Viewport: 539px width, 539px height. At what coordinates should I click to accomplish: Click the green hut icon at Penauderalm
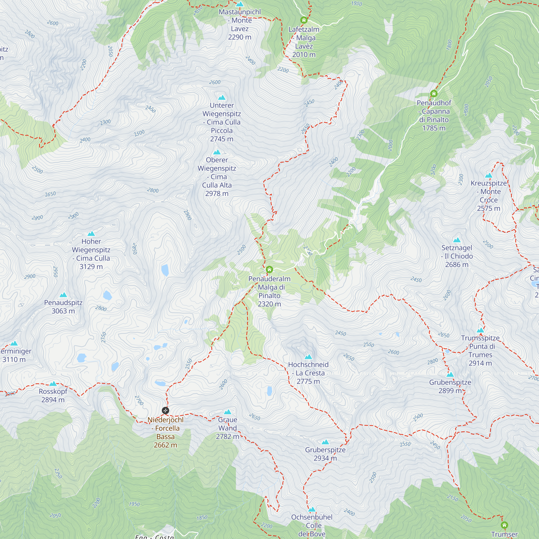[269, 269]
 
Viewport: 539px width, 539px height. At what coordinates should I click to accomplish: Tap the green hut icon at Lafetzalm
[304, 20]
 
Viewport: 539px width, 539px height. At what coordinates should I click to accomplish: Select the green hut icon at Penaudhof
[434, 94]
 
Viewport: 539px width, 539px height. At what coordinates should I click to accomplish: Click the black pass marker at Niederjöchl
[165, 410]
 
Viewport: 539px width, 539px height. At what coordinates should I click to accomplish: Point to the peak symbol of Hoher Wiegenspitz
[91, 234]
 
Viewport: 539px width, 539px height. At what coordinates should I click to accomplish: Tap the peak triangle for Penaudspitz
[63, 295]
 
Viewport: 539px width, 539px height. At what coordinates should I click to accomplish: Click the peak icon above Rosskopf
[53, 383]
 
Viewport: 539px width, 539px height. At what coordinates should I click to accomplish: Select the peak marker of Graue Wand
[228, 412]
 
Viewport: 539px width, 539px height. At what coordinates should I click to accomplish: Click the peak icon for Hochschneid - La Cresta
[308, 357]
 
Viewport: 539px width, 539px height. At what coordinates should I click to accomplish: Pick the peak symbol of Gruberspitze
[325, 442]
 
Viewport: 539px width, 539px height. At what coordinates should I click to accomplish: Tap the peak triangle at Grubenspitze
[450, 375]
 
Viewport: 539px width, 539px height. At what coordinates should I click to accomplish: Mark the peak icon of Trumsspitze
[480, 330]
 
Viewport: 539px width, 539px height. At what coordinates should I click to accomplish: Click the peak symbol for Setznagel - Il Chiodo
[457, 240]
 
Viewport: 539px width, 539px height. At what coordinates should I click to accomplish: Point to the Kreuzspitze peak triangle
[489, 175]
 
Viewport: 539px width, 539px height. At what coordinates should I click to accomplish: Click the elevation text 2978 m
[217, 194]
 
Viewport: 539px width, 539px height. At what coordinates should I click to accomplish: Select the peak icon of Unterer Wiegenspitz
[222, 98]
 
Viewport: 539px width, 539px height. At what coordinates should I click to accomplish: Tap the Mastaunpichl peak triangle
[240, 4]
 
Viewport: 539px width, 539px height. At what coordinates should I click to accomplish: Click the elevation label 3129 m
[91, 267]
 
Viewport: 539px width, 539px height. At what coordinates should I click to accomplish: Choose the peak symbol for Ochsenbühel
[312, 509]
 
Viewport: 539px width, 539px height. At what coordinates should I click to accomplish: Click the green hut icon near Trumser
[505, 525]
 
